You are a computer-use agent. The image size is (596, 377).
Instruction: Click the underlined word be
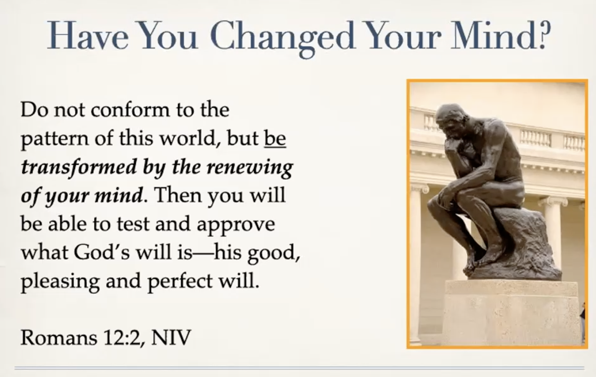(275, 138)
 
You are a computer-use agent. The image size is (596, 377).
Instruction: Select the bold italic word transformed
(79, 167)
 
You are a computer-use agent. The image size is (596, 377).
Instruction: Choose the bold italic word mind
(118, 195)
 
